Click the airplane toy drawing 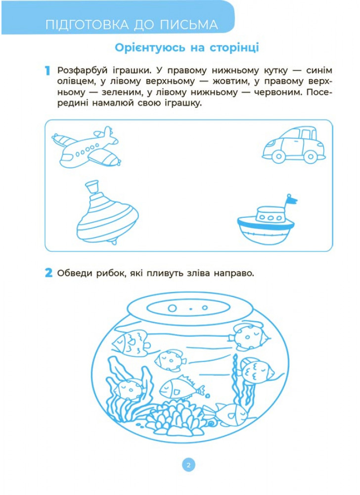click(x=86, y=148)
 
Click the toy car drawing click(x=293, y=145)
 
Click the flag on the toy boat click(x=291, y=199)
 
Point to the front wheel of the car click(x=278, y=156)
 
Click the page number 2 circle click(x=188, y=465)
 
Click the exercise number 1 click(x=47, y=71)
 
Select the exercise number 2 click(x=48, y=273)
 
